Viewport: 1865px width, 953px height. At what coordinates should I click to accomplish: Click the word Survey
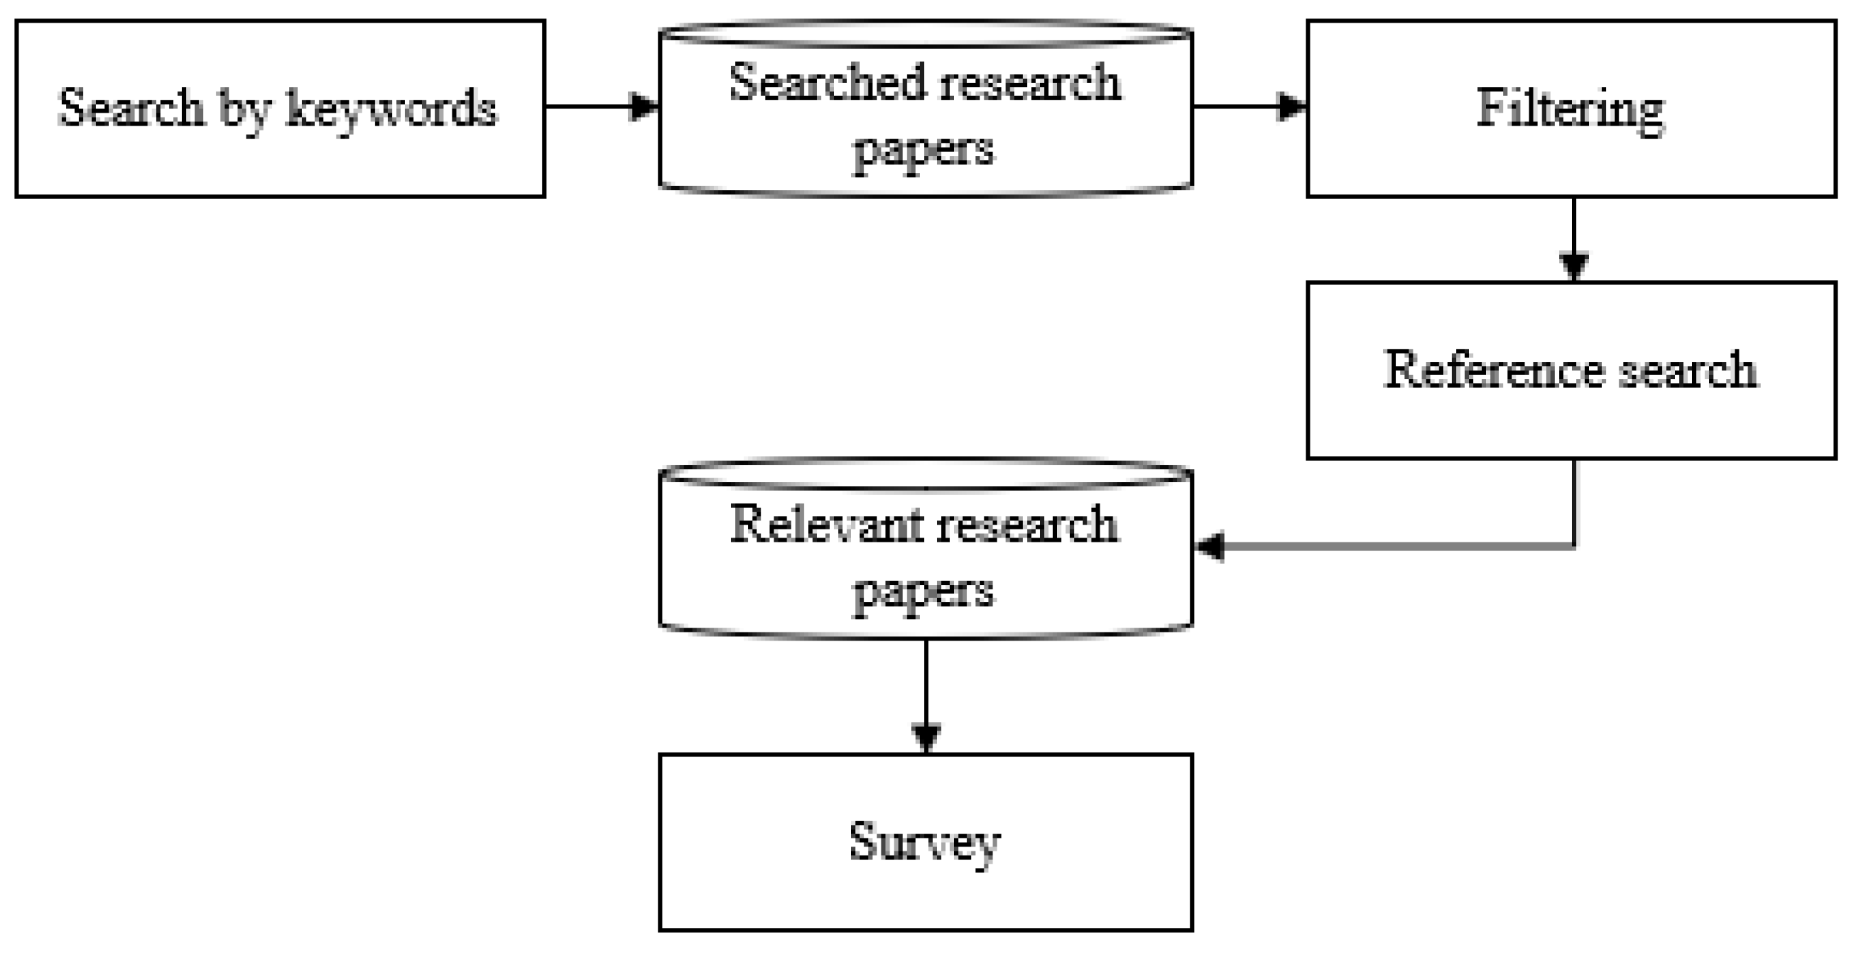pos(925,842)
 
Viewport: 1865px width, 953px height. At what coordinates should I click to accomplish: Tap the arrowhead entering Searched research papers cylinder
pos(645,106)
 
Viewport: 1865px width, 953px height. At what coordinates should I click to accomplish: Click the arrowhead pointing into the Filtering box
pos(1293,106)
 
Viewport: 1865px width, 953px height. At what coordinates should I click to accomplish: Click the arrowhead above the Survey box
pos(926,737)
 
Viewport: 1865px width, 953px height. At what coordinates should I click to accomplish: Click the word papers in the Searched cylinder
pos(923,150)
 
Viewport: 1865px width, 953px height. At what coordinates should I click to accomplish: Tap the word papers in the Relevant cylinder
pos(923,593)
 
